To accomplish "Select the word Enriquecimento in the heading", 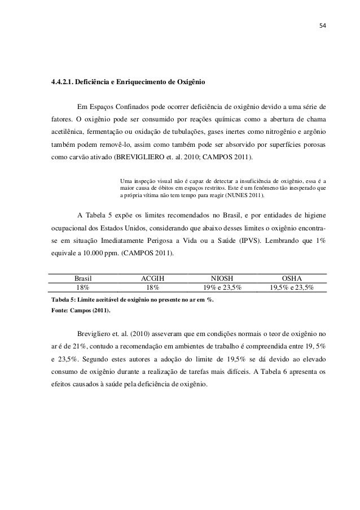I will [x=142, y=82].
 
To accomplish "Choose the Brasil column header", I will [x=83, y=278].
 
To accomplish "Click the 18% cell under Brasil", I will [x=83, y=287].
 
